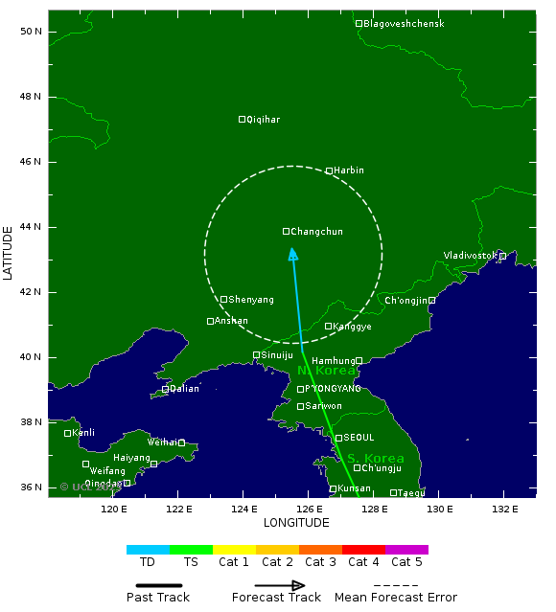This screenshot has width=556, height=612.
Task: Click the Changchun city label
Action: [316, 232]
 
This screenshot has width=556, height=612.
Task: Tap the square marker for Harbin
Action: [329, 170]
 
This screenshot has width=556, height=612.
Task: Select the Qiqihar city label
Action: [264, 120]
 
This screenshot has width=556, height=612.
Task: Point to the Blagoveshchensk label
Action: [404, 24]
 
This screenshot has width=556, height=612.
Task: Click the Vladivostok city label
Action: [470, 256]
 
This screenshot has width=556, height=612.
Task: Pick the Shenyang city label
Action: [251, 300]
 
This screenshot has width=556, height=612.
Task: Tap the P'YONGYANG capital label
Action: [333, 389]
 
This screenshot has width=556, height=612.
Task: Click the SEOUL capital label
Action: [359, 438]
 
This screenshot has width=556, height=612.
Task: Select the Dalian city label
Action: [184, 389]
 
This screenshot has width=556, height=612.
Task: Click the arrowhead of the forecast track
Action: [293, 254]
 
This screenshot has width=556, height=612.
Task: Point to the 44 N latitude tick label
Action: [32, 227]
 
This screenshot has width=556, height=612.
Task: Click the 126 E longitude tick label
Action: [309, 508]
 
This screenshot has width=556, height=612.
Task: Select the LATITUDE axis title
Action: [9, 252]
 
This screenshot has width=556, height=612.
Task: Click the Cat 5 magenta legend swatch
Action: [406, 550]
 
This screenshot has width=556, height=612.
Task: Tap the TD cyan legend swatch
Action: [148, 550]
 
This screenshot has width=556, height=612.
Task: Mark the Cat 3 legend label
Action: [320, 562]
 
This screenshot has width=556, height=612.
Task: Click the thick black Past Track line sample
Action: [158, 584]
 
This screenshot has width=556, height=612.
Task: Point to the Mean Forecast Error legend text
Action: [396, 598]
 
